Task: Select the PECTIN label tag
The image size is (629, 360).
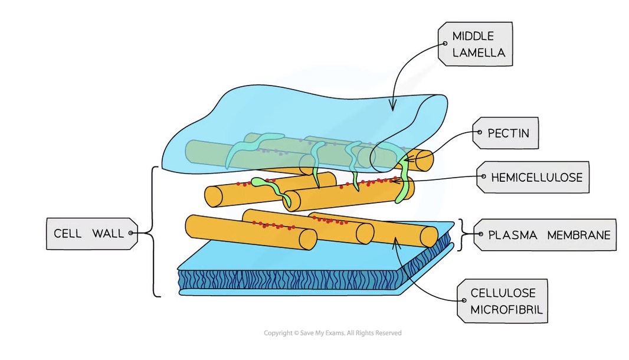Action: [505, 133]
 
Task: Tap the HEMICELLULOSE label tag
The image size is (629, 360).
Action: [533, 177]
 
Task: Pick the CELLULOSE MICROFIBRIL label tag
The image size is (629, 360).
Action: [503, 302]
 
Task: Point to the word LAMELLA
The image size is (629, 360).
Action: [479, 53]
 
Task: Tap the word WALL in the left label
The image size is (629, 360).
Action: [108, 233]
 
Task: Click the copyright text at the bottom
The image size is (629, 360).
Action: [332, 333]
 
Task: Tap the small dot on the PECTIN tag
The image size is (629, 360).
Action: [481, 133]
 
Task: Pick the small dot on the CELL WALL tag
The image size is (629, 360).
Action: [130, 233]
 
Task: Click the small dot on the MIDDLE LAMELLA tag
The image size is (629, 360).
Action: [445, 44]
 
